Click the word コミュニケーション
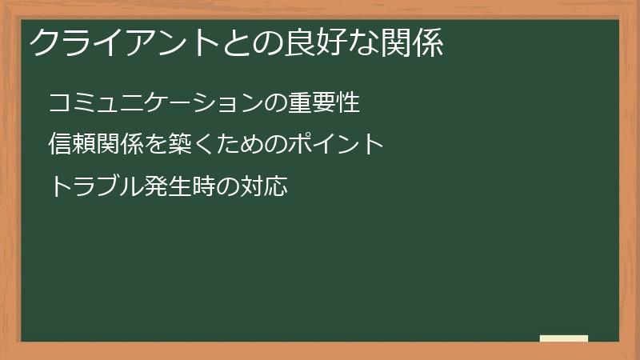pyautogui.click(x=155, y=103)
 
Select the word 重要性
pyautogui.click(x=325, y=103)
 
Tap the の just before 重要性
pyautogui.click(x=276, y=103)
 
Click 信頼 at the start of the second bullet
pyautogui.click(x=72, y=145)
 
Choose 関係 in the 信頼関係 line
pyautogui.click(x=119, y=145)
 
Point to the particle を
pyautogui.click(x=156, y=145)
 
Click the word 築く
pyautogui.click(x=191, y=145)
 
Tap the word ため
pyautogui.click(x=239, y=145)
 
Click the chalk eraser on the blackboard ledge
pyautogui.click(x=563, y=338)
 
